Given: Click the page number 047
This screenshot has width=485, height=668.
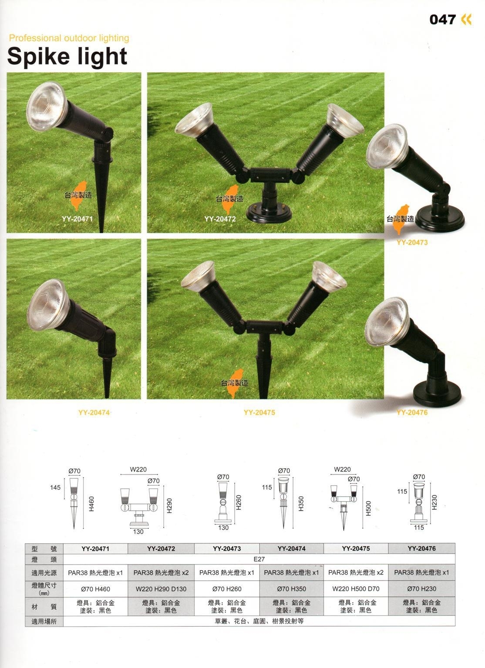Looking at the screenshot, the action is click(442, 20).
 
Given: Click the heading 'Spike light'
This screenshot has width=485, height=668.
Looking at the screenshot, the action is click(67, 57).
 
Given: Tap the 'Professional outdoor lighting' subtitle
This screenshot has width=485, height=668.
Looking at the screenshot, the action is click(69, 38).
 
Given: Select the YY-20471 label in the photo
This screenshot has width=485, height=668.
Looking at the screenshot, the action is click(77, 219).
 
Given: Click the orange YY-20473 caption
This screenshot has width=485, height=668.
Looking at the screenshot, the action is click(412, 242).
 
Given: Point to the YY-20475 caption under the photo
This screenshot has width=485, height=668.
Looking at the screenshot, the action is click(259, 412).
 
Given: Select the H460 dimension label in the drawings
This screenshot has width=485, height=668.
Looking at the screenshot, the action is click(91, 504).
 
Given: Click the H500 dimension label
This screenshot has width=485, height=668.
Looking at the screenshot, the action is click(368, 508).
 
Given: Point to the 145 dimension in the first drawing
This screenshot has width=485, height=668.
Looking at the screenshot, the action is click(55, 487).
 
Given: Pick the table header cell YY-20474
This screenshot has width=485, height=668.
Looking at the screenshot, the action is click(291, 548).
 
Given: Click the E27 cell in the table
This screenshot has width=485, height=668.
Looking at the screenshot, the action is click(259, 559).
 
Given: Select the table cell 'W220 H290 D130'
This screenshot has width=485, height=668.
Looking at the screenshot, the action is click(161, 589).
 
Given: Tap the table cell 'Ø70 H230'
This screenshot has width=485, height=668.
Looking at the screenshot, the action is click(421, 589).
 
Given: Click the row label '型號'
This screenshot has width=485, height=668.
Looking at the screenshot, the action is click(44, 548).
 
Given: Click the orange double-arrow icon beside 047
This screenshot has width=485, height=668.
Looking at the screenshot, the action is click(466, 20).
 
